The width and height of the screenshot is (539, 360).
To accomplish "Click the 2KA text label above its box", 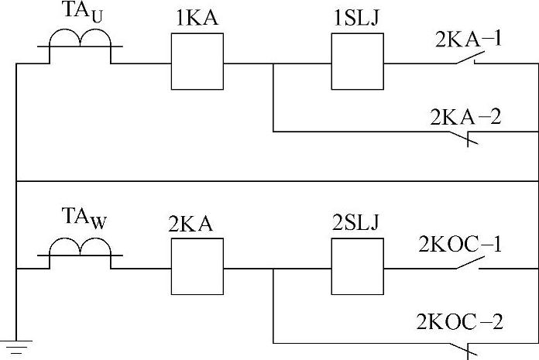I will pos(190,224).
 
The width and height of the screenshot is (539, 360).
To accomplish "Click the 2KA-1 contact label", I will pos(467,38).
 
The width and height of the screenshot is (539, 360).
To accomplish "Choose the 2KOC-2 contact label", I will pos(462,321).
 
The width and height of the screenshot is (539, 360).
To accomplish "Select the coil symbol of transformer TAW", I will pos(80,249).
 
